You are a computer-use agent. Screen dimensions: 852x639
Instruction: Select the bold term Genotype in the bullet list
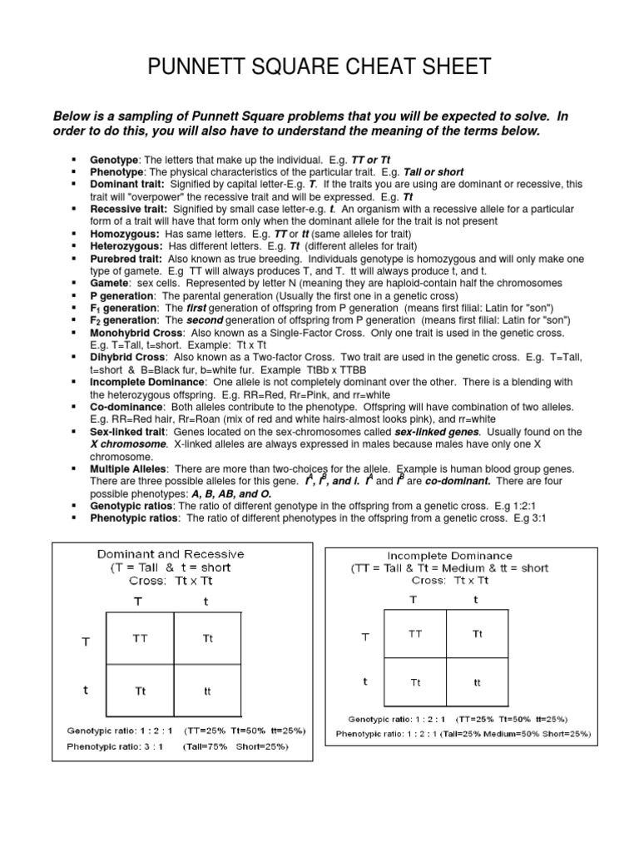pos(113,158)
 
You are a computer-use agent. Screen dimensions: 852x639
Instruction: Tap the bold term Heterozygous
pos(126,247)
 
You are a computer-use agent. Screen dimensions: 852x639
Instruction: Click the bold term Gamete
pos(109,283)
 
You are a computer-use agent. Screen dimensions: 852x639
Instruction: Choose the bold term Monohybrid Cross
pos(132,333)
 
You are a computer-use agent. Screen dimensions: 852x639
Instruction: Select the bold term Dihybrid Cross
pos(124,357)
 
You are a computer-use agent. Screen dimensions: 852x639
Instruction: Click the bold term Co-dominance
pos(125,406)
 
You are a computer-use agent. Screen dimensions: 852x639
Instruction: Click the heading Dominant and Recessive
pos(171,553)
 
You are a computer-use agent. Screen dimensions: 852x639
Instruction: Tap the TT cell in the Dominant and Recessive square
pos(141,638)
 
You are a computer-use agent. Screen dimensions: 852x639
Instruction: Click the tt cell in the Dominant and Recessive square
pos(208,690)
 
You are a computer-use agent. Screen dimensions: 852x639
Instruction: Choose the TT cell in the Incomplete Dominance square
pos(415,634)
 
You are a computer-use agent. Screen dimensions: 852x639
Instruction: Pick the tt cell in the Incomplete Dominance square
pos(477,682)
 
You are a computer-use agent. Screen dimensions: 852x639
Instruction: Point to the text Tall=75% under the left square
pos(211,746)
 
